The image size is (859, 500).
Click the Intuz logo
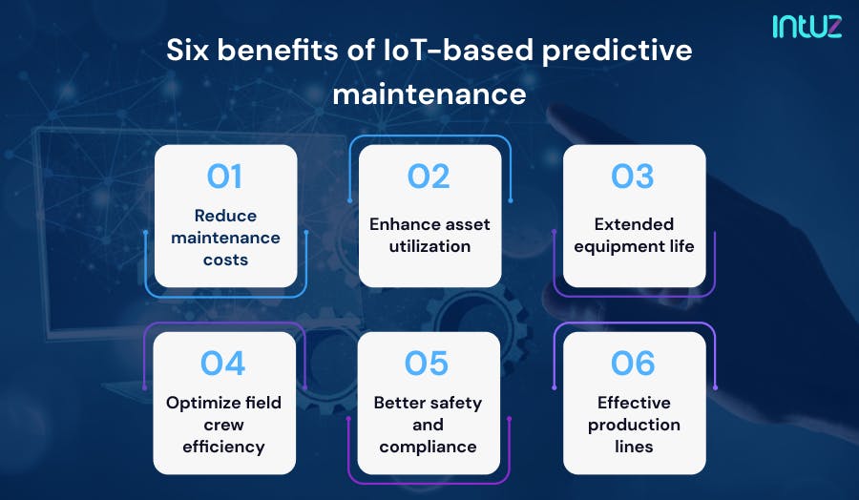pyautogui.click(x=807, y=26)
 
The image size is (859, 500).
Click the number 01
pyautogui.click(x=224, y=177)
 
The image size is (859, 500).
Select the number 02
pyautogui.click(x=429, y=177)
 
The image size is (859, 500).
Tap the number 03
pyautogui.click(x=633, y=177)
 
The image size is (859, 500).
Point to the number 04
pyautogui.click(x=222, y=364)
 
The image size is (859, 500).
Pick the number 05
pyautogui.click(x=428, y=364)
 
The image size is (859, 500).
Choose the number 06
pyautogui.click(x=633, y=364)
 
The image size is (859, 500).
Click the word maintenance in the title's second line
pyautogui.click(x=429, y=94)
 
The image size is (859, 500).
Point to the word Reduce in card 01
pyautogui.click(x=225, y=216)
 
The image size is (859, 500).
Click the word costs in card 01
pyautogui.click(x=225, y=260)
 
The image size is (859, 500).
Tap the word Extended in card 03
pyautogui.click(x=634, y=224)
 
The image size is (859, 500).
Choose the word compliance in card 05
pyautogui.click(x=428, y=447)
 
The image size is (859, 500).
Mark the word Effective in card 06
pyautogui.click(x=634, y=403)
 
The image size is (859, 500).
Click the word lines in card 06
pyautogui.click(x=634, y=447)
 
